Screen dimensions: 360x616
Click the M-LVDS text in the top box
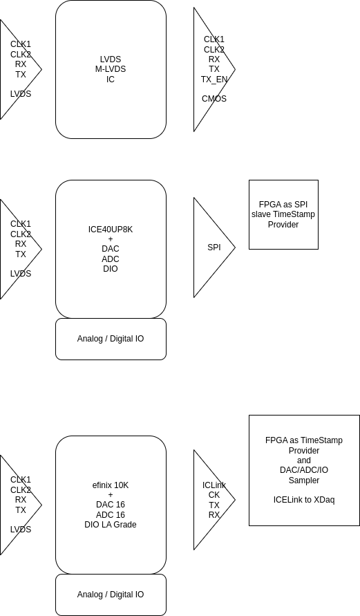[x=111, y=69]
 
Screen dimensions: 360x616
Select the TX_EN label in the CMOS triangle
[x=214, y=80]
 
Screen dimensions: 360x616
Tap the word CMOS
[x=214, y=99]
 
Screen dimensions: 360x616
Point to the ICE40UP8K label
[x=111, y=230]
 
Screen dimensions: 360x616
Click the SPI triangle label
[x=214, y=248]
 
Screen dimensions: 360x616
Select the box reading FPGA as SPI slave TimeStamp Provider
[x=283, y=214]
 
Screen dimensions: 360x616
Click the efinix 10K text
[x=111, y=485]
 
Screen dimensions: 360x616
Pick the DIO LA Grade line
[x=111, y=525]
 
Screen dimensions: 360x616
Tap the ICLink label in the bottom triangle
[x=214, y=485]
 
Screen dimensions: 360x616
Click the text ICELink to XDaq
[x=304, y=500]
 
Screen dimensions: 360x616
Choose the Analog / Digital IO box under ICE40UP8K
[x=111, y=339]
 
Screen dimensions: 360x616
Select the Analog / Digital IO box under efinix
[x=111, y=595]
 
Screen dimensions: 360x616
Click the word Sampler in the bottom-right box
[x=304, y=480]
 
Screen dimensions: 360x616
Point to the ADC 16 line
[x=111, y=514]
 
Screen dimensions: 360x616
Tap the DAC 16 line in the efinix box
[x=111, y=505]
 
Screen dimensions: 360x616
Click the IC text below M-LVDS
[x=111, y=80]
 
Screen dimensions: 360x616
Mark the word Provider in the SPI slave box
[x=283, y=224]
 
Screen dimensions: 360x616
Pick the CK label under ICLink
[x=214, y=495]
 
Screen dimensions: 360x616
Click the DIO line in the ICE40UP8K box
[x=111, y=269]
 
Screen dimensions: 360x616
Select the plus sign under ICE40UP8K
[x=111, y=239]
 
